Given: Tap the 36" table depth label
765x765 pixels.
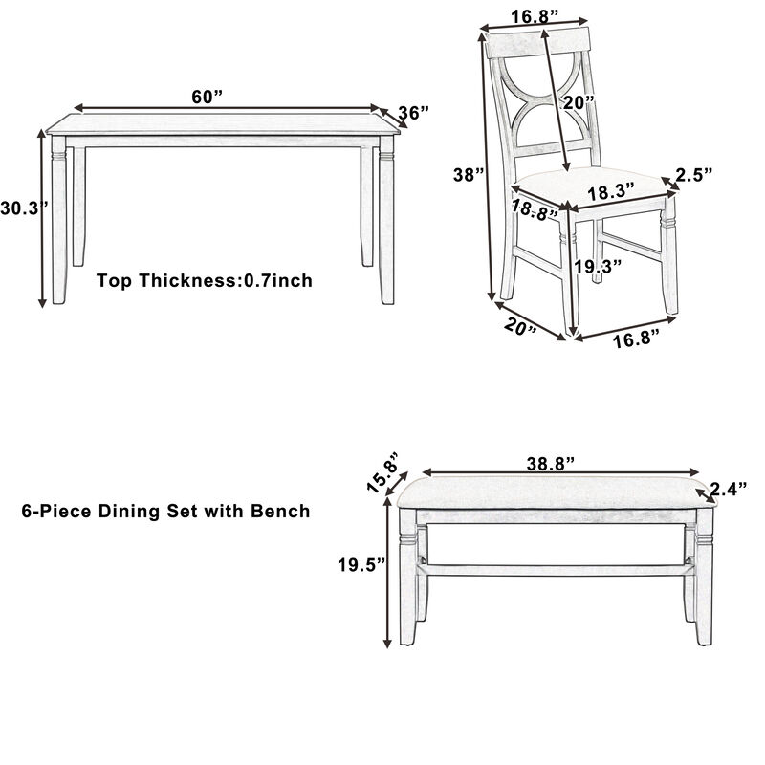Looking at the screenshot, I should (x=413, y=113).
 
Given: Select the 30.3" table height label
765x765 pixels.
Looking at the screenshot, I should (x=18, y=209).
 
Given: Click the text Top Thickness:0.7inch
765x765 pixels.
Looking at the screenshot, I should (x=205, y=281).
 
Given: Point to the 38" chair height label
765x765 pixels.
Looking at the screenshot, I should (x=469, y=175).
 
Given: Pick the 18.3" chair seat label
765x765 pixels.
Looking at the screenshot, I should (x=611, y=191).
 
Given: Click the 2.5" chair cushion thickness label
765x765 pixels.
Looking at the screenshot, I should (x=694, y=174).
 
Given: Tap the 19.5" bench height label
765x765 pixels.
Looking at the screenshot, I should (x=360, y=564).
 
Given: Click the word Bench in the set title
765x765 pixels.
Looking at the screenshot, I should (x=280, y=512).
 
